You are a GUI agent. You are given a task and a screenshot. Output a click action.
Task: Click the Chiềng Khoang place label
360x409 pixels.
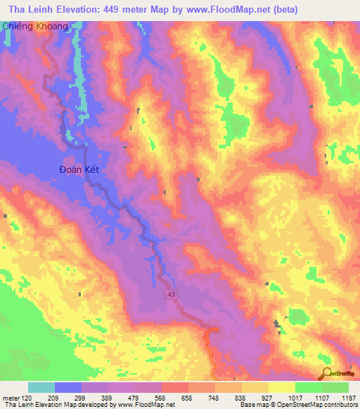coord(38,26)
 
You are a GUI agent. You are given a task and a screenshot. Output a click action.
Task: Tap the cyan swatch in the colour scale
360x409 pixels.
coord(41,387)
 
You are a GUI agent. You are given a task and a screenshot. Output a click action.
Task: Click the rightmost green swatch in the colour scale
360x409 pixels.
coord(335,387)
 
